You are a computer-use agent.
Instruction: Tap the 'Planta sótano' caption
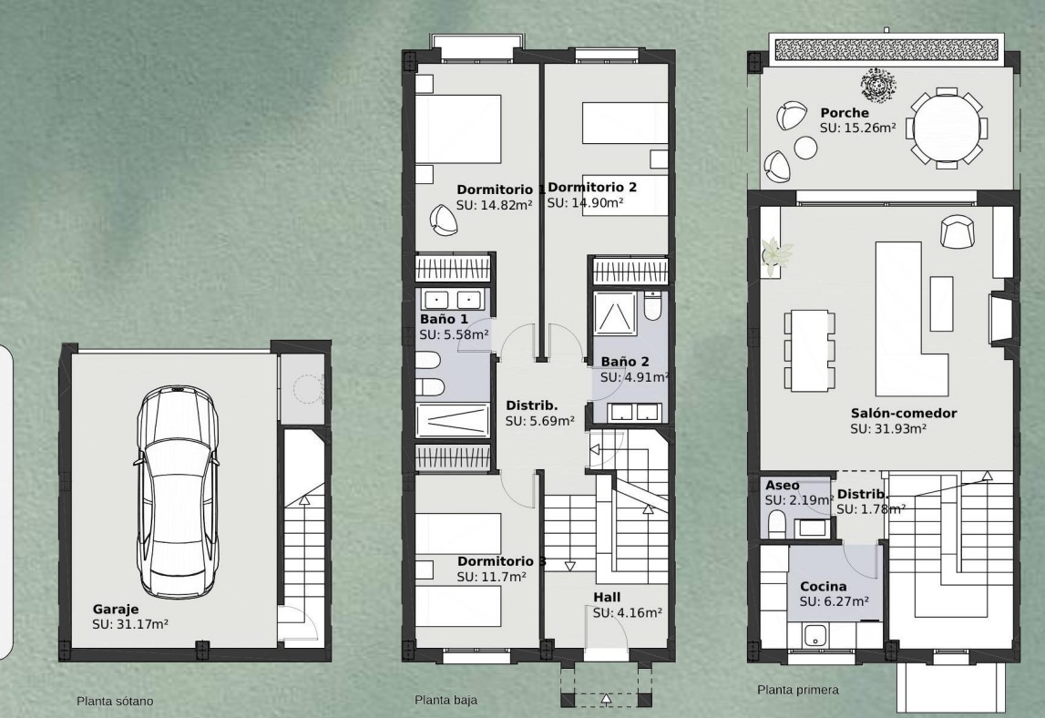[x=115, y=702]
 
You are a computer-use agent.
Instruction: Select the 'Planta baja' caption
[x=446, y=700]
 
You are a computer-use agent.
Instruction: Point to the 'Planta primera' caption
[x=798, y=690]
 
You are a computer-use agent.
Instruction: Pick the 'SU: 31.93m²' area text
[x=888, y=429]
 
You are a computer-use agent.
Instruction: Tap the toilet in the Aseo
[x=776, y=524]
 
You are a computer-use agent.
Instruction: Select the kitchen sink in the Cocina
[x=815, y=636]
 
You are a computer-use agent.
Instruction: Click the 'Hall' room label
[x=607, y=598]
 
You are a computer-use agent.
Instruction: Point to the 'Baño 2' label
[x=624, y=362]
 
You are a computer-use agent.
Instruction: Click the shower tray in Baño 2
[x=614, y=313]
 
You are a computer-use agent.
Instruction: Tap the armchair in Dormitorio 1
[x=443, y=220]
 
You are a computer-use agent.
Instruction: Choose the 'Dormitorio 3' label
[x=501, y=561]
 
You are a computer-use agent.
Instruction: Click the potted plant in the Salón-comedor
[x=775, y=253]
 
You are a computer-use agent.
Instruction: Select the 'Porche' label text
[x=845, y=113]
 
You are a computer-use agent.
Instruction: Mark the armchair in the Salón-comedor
[x=957, y=231]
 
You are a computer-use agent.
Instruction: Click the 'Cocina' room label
[x=823, y=587]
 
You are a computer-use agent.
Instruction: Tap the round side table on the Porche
[x=805, y=148]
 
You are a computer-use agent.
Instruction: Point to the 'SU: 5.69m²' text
[x=540, y=421]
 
